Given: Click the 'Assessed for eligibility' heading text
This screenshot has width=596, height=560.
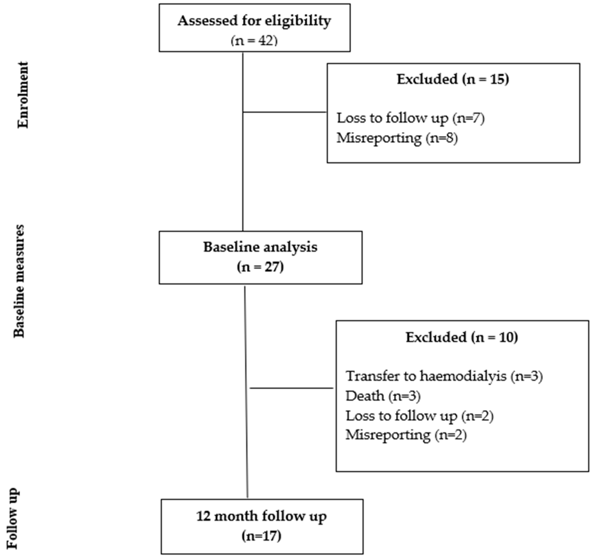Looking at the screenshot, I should pyautogui.click(x=254, y=21).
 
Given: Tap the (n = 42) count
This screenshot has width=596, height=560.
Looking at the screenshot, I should pyautogui.click(x=254, y=40).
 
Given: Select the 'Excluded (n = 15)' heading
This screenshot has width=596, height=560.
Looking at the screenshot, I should pyautogui.click(x=453, y=79).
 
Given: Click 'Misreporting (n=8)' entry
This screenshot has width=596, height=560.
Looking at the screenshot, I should pyautogui.click(x=397, y=138).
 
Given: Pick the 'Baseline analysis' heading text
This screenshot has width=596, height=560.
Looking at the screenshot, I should pyautogui.click(x=260, y=247).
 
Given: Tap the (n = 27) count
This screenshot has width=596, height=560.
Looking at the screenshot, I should pyautogui.click(x=260, y=266).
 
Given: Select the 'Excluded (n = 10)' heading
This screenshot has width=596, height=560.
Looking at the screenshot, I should pyautogui.click(x=462, y=337).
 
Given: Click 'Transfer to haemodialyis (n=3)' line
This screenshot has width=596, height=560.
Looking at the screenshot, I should pyautogui.click(x=444, y=376).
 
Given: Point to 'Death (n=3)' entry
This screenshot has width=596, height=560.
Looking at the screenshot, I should pyautogui.click(x=383, y=396).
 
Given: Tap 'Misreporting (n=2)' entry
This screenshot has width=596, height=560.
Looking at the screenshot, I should pyautogui.click(x=406, y=435).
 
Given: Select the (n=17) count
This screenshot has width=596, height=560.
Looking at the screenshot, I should pyautogui.click(x=261, y=536).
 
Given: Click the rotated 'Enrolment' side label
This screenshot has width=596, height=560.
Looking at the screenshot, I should pyautogui.click(x=23, y=95).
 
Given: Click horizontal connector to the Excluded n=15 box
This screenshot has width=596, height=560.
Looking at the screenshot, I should pyautogui.click(x=284, y=112).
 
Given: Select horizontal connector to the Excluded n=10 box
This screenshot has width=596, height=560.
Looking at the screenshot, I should pyautogui.click(x=291, y=388).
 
